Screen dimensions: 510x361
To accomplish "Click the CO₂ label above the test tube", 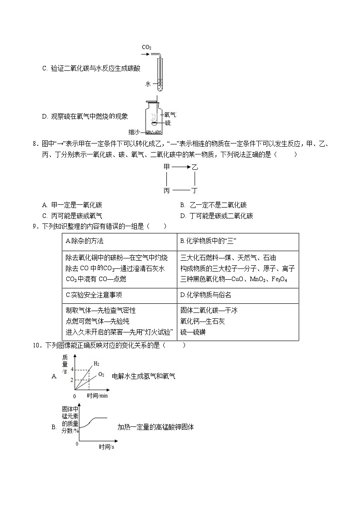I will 146,47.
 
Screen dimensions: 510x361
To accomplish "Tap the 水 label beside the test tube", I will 148,84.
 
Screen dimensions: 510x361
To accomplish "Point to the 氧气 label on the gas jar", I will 170,115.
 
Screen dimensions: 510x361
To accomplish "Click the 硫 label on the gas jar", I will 168,123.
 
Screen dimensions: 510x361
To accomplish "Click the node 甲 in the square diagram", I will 166,168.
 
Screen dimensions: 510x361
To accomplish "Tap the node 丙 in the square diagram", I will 166,191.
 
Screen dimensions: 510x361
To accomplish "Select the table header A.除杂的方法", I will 85,241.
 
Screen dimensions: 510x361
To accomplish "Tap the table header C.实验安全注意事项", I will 94,295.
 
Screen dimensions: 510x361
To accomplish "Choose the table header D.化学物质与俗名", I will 206,295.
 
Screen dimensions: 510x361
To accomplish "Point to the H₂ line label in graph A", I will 96,363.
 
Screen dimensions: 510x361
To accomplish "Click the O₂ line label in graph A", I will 101,375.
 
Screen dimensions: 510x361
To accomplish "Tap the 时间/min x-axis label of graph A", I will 97,396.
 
